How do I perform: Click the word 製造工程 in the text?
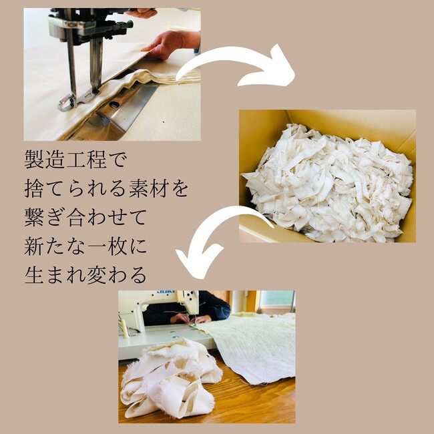click(x=65, y=160)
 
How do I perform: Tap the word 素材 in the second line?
click(x=149, y=189)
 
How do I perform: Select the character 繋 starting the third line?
click(x=34, y=218)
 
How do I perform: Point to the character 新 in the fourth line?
click(x=34, y=246)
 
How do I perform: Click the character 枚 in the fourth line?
click(x=118, y=246)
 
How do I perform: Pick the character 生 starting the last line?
click(x=34, y=275)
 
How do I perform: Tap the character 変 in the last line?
click(x=97, y=275)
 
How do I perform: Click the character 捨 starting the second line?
click(x=34, y=189)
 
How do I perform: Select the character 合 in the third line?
click(x=75, y=218)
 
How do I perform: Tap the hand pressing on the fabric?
click(x=169, y=44)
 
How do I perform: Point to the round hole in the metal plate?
click(x=114, y=104)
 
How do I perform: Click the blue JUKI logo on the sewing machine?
click(x=166, y=292)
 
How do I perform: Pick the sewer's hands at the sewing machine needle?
click(x=191, y=319)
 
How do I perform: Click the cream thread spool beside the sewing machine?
click(x=125, y=329)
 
